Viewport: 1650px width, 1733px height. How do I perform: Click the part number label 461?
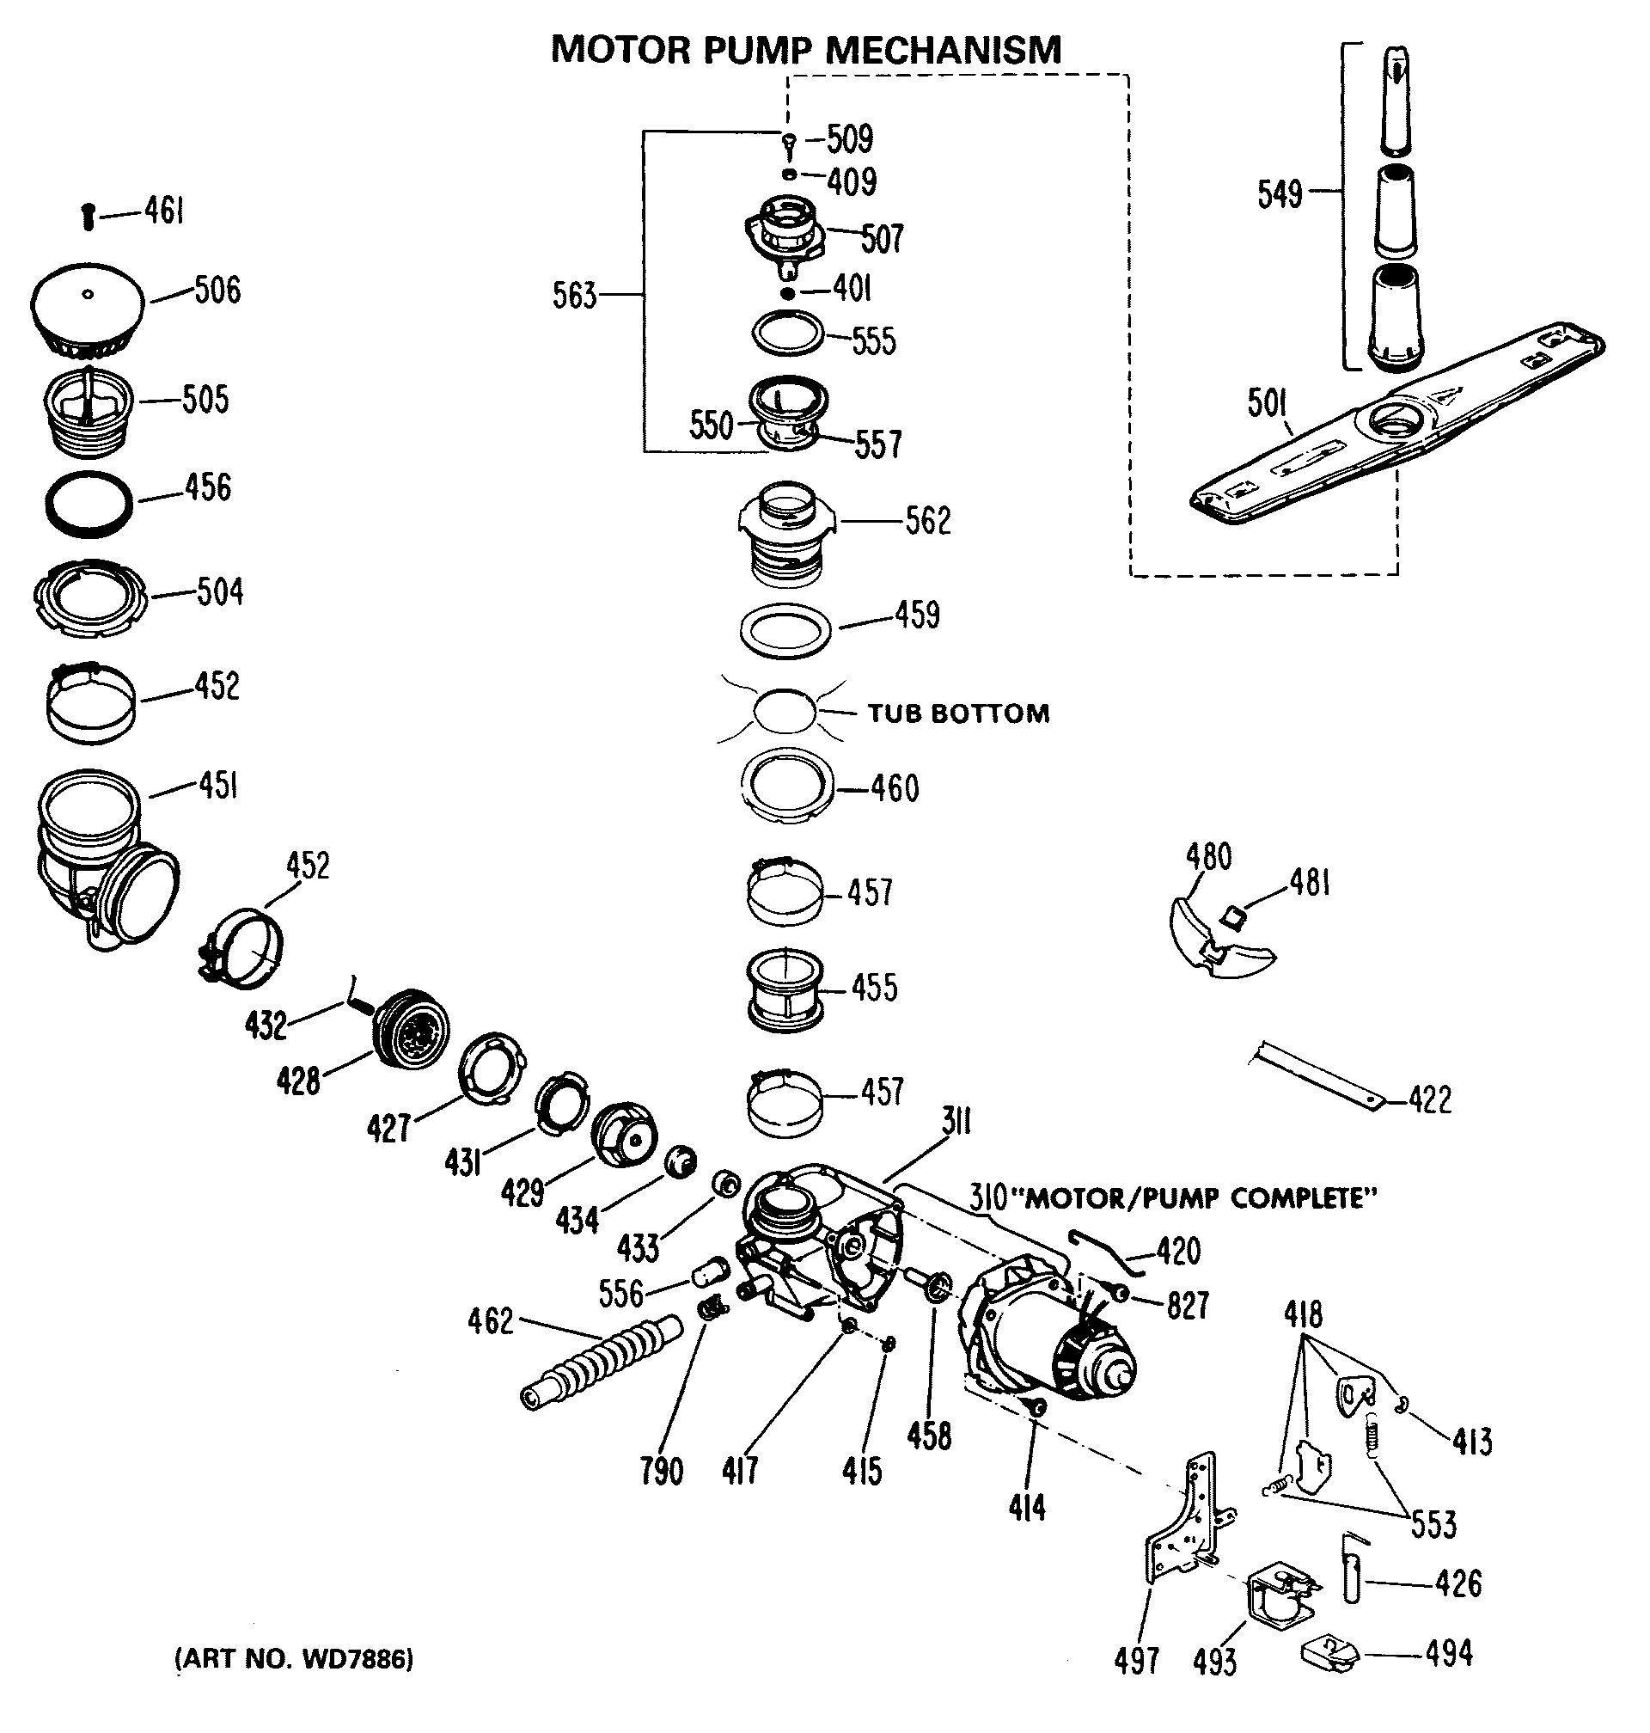click(163, 211)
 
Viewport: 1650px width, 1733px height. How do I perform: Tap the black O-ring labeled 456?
click(89, 504)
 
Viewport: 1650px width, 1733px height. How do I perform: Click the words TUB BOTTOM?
click(959, 713)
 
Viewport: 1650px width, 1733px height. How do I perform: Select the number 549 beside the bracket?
click(1280, 193)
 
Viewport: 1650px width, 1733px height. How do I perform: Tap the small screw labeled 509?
click(789, 141)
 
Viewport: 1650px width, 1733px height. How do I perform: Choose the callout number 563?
click(574, 295)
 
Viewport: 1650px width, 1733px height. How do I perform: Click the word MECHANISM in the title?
click(944, 49)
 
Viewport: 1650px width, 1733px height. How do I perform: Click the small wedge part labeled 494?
click(1329, 1655)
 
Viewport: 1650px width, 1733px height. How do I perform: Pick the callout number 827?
click(1188, 1307)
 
